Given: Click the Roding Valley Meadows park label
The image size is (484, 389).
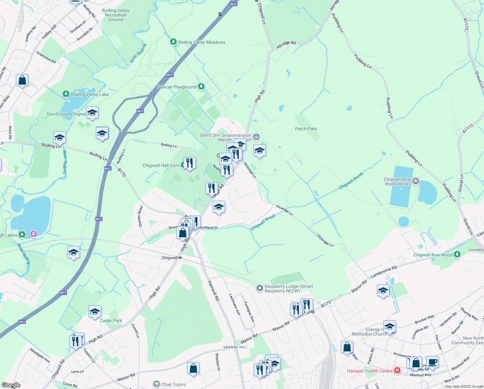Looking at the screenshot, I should (202, 42).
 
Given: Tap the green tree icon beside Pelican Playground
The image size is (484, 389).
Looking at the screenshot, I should (201, 86).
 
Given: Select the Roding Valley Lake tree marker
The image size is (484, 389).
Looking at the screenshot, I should (66, 94).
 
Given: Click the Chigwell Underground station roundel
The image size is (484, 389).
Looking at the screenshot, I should (180, 258).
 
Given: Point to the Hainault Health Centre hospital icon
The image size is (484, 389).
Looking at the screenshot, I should (397, 371).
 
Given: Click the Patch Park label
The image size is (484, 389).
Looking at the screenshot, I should (306, 129).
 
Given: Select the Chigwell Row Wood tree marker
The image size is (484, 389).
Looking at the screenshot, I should (457, 254).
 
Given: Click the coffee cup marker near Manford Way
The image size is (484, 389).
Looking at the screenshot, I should (432, 361).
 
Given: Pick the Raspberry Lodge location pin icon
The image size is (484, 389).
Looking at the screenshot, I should (259, 288).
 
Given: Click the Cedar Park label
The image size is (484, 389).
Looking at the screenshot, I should (111, 321).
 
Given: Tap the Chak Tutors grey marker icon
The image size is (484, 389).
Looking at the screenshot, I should (157, 384).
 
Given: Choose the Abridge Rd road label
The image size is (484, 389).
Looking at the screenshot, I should (286, 45).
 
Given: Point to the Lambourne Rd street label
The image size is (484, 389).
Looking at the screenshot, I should (384, 272).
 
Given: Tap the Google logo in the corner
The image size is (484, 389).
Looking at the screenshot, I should (11, 385).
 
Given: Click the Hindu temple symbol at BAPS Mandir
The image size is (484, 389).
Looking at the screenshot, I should (256, 137).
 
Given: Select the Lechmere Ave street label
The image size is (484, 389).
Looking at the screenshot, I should (235, 304).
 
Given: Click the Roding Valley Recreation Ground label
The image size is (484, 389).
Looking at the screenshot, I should (115, 15).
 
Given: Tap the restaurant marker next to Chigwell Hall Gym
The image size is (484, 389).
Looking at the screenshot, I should (190, 163).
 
